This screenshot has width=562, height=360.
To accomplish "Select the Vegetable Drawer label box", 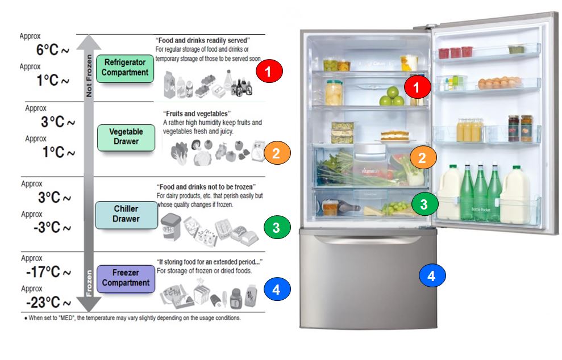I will (x=126, y=136).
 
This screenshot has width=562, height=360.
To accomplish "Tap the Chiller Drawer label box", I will (x=126, y=214).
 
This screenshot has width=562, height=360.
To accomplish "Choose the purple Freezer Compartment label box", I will (x=126, y=278).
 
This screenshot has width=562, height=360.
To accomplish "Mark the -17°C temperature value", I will (x=48, y=273).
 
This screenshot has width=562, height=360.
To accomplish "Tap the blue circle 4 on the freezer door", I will (x=432, y=277).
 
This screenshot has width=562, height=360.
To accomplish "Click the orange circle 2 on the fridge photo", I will (x=422, y=158).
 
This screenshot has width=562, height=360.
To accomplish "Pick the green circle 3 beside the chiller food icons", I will (x=277, y=228).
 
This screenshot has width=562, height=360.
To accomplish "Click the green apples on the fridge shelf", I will (x=392, y=97).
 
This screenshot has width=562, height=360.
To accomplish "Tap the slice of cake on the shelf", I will (x=394, y=135).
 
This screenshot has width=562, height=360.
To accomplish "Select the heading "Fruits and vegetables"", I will (x=197, y=114).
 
